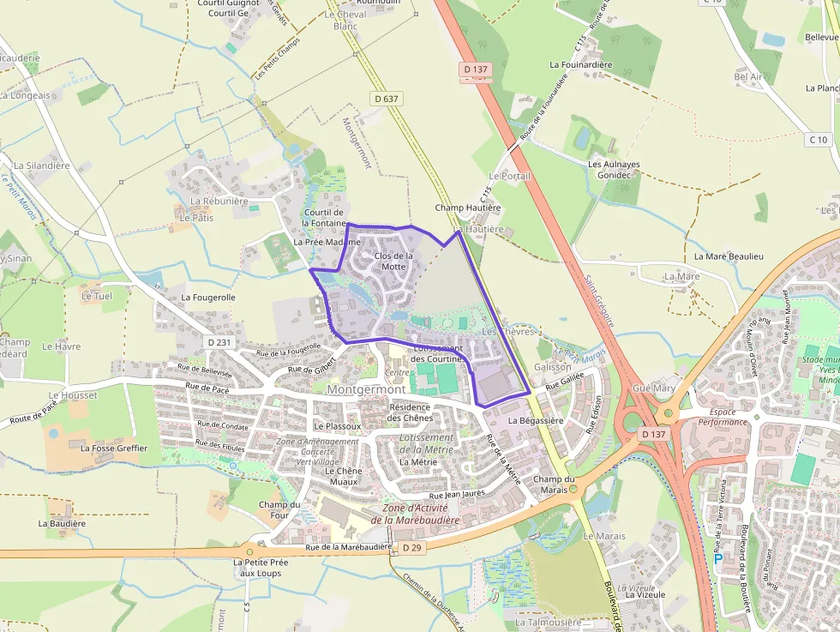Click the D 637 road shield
(387, 99)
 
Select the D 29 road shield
(411, 547)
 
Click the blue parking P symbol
(718, 558)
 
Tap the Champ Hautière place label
(467, 208)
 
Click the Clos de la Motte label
(393, 261)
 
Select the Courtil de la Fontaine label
(323, 217)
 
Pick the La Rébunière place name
(219, 202)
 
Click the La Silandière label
(42, 165)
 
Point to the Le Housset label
(73, 395)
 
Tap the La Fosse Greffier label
(114, 448)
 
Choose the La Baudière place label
(62, 523)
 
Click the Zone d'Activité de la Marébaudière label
(415, 514)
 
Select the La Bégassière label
(536, 421)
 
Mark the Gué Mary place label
(653, 388)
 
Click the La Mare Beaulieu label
(728, 256)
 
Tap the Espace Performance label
(722, 417)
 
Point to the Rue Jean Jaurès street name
(458, 495)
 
